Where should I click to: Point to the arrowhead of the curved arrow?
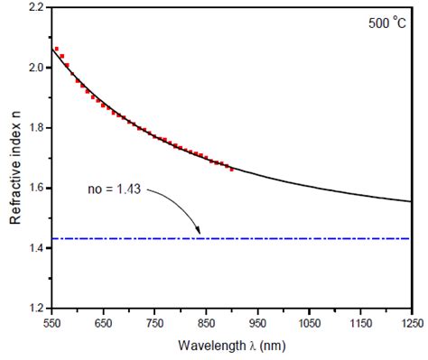point(200,234)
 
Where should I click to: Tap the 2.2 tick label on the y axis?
point(34,7)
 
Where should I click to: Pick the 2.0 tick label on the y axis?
point(34,68)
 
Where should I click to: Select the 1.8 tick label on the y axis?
point(34,127)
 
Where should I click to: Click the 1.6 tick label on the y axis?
point(34,188)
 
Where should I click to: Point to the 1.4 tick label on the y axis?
point(34,247)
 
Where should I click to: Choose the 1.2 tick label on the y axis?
point(34,308)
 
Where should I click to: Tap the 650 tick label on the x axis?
point(103,322)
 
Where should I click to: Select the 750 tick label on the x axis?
point(154,322)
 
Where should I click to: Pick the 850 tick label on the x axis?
point(206,322)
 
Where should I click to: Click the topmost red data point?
point(56,49)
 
